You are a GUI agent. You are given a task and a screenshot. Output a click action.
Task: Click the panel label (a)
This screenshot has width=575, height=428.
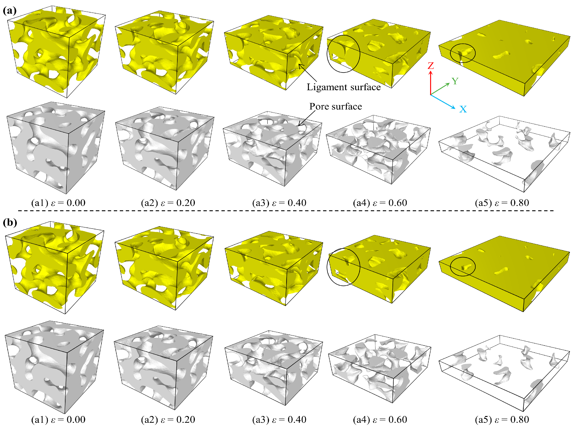[x=10, y=11]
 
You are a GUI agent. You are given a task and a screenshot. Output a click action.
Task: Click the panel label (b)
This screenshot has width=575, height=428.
[x=10, y=222]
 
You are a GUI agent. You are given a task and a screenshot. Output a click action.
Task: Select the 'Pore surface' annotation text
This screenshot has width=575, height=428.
[x=336, y=107]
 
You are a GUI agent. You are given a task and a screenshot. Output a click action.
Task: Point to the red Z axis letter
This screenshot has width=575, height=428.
[x=431, y=66]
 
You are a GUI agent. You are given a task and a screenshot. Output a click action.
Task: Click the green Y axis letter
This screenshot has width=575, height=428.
[x=455, y=81]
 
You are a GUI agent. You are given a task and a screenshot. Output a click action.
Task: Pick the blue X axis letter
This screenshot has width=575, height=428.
[x=463, y=109]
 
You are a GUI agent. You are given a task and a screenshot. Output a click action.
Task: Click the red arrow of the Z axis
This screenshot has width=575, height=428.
[x=431, y=83]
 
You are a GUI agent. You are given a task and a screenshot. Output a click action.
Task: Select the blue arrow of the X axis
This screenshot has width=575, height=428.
[x=443, y=101]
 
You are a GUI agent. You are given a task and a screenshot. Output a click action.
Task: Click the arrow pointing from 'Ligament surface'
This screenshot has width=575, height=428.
[x=308, y=73]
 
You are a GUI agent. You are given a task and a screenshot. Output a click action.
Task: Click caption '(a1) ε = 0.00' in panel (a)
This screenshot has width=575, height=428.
[x=58, y=203]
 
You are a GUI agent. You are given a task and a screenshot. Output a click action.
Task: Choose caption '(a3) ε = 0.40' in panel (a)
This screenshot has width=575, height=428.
[x=279, y=203]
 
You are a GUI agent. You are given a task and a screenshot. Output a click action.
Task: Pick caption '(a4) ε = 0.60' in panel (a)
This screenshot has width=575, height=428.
[x=380, y=203]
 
